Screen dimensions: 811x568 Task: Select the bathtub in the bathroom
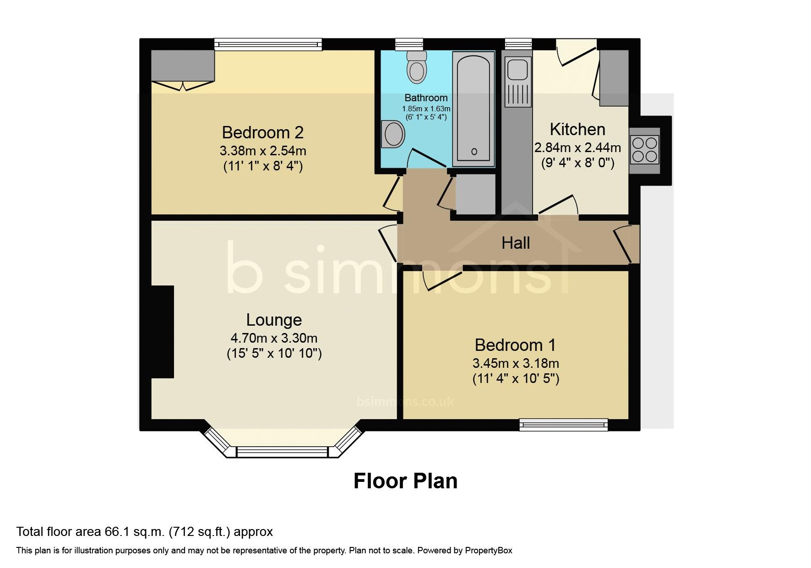pos(474,109)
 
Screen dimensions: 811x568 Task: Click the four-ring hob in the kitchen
pos(645,150)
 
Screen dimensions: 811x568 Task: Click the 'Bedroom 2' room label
pos(262,132)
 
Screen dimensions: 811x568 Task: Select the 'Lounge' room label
pos(274,320)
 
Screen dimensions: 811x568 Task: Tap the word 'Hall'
pos(516,243)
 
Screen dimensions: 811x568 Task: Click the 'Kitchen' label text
pos(577,129)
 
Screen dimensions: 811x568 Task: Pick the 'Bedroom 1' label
pos(515,344)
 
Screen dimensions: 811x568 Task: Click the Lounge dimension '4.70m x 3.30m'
pos(274,338)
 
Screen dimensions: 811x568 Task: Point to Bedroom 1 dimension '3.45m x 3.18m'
pos(516,363)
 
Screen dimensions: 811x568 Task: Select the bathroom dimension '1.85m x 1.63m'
pos(426,109)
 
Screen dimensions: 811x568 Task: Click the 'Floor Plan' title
pos(405,481)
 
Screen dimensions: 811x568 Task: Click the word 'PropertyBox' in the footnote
pos(489,551)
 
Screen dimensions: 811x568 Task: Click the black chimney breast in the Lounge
pos(163,332)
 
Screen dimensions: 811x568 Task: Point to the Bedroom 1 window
pos(564,425)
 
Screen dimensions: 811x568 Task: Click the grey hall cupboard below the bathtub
pos(475,194)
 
